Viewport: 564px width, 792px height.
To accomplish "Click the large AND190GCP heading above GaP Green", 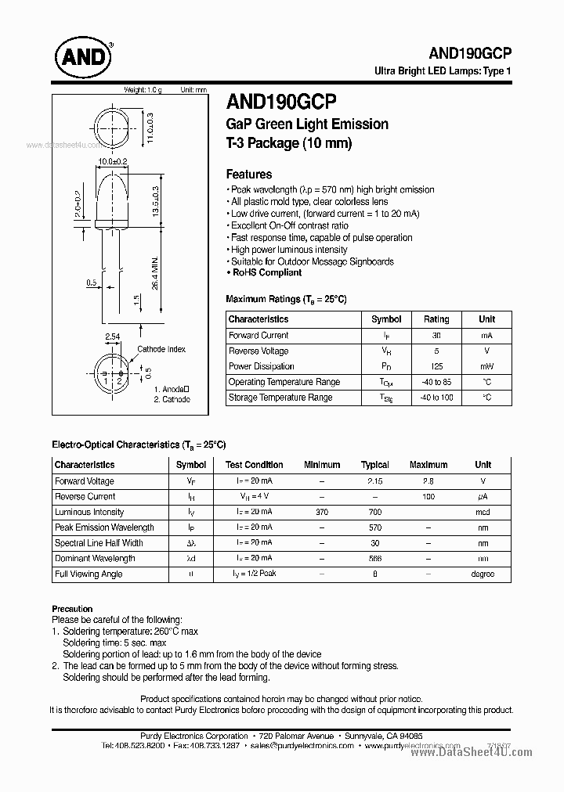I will (x=281, y=101).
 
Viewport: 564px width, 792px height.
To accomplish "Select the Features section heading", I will (x=249, y=175).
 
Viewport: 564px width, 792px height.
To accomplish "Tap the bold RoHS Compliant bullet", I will (x=266, y=273).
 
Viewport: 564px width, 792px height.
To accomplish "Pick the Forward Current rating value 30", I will (x=436, y=336).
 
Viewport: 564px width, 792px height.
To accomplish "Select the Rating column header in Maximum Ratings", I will (x=436, y=319).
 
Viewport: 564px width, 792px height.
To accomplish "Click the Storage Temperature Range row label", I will (x=280, y=398).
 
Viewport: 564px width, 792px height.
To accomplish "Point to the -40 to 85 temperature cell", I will (x=436, y=382).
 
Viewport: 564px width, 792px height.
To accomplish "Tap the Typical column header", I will (x=374, y=465).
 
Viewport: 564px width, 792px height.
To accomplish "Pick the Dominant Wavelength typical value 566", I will (x=374, y=559).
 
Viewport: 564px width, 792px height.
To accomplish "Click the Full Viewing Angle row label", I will (x=88, y=574).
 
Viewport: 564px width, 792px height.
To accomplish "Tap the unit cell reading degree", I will (x=483, y=574).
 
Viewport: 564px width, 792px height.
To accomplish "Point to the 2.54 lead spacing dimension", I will (x=113, y=337).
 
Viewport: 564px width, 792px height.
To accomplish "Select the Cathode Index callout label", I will (x=161, y=349).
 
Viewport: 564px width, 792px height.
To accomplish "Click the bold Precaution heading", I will (x=72, y=608).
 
